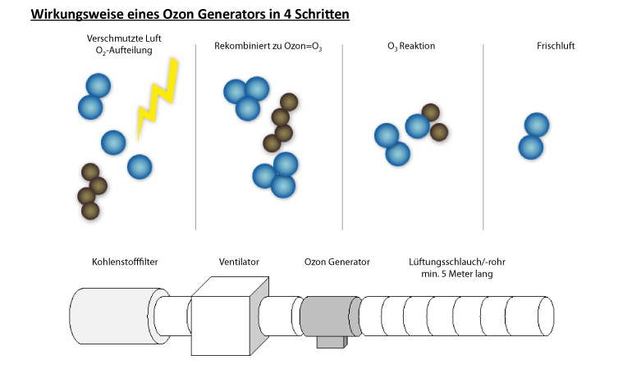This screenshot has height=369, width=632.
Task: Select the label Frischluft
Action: coord(556,46)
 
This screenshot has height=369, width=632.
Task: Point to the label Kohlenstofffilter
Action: coord(125,262)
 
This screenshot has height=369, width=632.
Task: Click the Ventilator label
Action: coord(239,262)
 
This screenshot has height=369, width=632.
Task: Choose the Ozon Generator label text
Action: coord(337,262)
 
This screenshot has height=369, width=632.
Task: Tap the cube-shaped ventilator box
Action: coord(230,317)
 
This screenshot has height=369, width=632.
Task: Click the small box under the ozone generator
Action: coord(332,342)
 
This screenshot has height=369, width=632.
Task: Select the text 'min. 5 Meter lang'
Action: coord(457,274)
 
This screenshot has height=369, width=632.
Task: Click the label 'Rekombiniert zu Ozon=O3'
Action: coord(268,46)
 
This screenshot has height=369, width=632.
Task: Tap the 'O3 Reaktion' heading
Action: coord(411,46)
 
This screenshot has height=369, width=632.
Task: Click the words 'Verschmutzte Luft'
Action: coord(124,39)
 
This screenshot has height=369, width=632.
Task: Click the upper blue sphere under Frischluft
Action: coord(537,125)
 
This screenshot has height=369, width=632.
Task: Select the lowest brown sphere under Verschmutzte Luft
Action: coord(90,211)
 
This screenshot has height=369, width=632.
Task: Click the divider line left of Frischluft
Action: coord(483,137)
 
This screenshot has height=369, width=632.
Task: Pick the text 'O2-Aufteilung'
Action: coord(124,51)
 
